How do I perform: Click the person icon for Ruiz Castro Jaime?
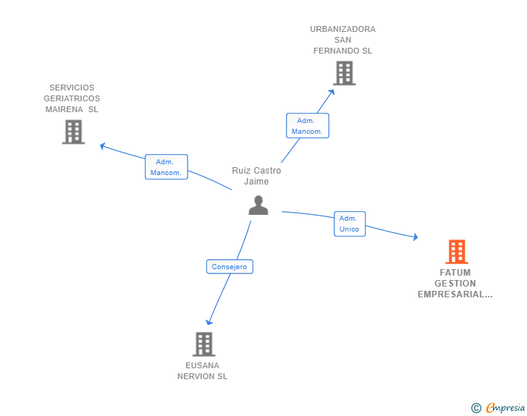258,205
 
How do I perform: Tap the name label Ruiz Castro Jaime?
256,176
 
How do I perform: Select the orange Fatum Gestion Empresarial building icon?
456,252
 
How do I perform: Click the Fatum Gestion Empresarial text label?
455,284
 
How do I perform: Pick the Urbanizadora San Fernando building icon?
344,73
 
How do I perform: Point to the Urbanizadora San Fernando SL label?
343,40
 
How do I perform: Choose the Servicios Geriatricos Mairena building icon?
73,132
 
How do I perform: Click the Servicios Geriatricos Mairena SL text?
72,98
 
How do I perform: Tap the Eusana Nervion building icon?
204,344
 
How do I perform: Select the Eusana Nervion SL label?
203,370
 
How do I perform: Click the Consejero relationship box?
229,267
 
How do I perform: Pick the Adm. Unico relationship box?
349,224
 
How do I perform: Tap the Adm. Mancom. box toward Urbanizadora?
307,126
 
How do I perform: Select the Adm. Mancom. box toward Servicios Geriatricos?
166,167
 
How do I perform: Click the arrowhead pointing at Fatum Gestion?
416,237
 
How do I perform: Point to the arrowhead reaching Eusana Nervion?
208,323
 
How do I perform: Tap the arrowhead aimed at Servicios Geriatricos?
102,145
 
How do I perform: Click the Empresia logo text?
506,408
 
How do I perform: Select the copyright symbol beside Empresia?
476,408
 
